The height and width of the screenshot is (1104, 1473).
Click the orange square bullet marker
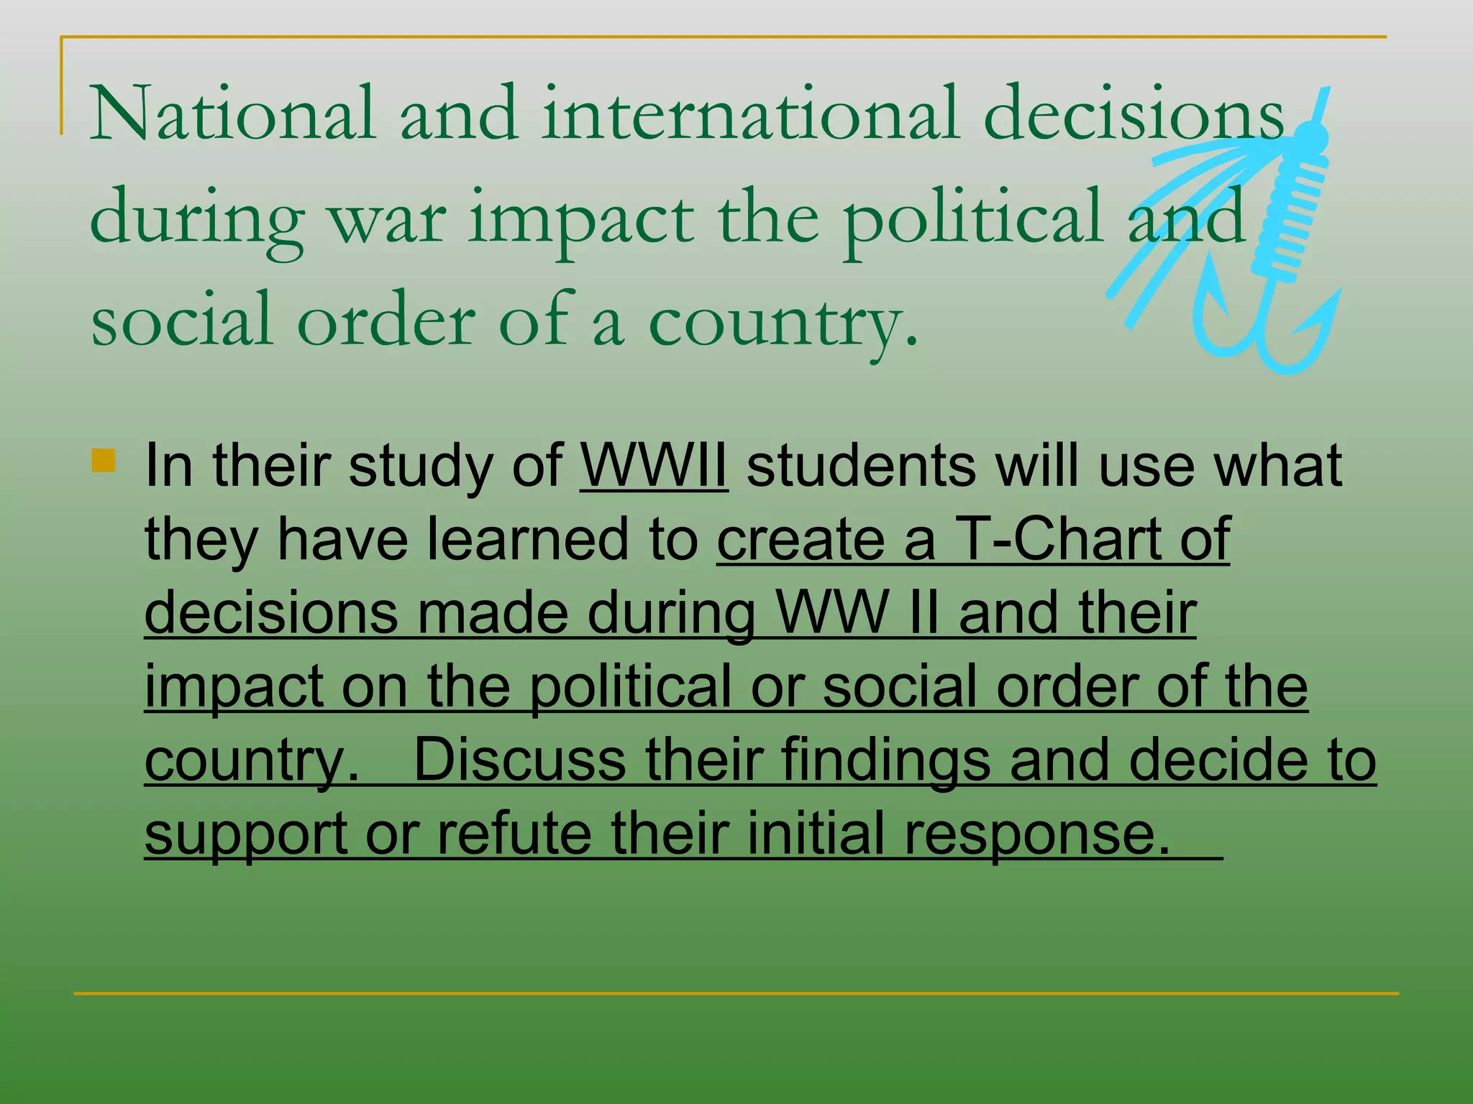point(104,460)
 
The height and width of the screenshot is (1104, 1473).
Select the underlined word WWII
point(654,466)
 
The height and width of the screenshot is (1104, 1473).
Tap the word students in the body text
point(861,466)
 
